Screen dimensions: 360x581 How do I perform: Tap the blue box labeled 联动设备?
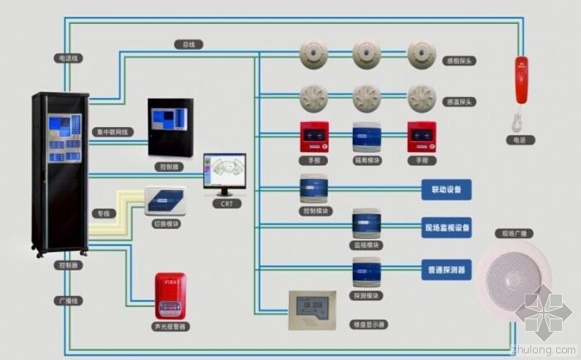pyautogui.click(x=447, y=190)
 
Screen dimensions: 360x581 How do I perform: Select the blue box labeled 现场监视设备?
pyautogui.click(x=447, y=227)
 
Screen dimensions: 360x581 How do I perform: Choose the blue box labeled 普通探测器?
pyautogui.click(x=447, y=270)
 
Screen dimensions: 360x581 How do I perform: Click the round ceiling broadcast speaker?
pyautogui.click(x=512, y=283)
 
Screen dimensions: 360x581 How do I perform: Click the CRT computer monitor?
pyautogui.click(x=224, y=173)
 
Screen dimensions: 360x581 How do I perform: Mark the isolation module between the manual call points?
pyautogui.click(x=367, y=139)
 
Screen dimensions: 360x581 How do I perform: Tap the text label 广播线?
pyautogui.click(x=68, y=300)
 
